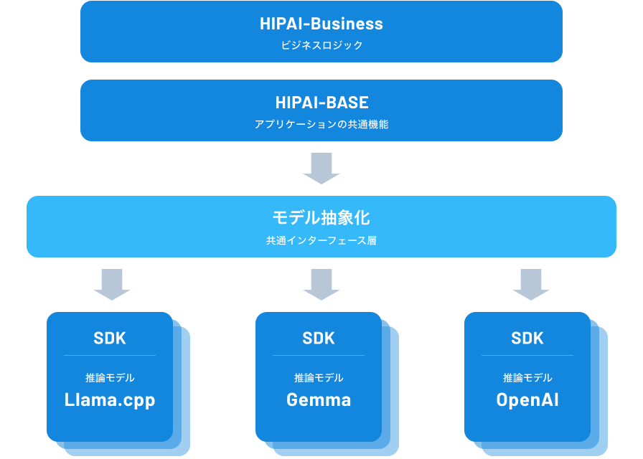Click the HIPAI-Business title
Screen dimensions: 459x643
pos(321,24)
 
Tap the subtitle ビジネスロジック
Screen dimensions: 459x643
pos(321,45)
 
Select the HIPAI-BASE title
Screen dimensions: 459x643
pos(321,103)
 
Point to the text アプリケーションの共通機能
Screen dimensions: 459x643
pos(321,124)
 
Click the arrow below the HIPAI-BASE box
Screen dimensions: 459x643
pos(321,169)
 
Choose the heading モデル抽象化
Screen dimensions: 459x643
pos(321,218)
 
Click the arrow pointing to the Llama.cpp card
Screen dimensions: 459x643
pos(112,284)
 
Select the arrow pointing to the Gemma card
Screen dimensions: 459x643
pos(321,284)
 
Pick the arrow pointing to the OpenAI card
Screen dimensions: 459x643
pos(531,284)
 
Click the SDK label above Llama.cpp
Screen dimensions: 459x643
pos(110,339)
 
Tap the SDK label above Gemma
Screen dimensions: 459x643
pos(319,339)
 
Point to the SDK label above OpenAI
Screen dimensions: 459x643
pos(527,339)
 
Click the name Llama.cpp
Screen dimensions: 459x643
pos(110,400)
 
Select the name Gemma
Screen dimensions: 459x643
pos(319,400)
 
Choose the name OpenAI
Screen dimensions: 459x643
pos(527,400)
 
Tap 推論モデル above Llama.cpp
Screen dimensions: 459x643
pos(110,378)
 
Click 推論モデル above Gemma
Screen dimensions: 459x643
pos(319,378)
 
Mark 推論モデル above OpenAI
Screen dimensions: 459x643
pos(527,378)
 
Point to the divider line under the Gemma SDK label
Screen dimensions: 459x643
pos(319,356)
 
